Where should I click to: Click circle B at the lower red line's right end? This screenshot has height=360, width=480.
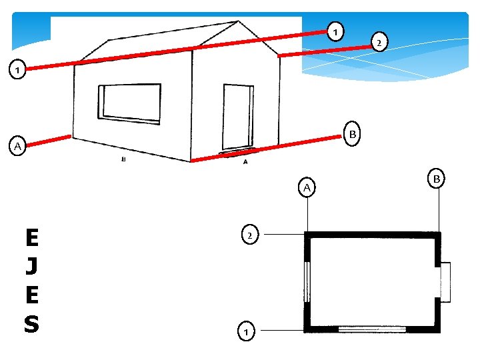pyautogui.click(x=353, y=133)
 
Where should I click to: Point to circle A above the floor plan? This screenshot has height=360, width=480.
pyautogui.click(x=307, y=188)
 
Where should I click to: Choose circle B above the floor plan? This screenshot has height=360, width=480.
pyautogui.click(x=437, y=179)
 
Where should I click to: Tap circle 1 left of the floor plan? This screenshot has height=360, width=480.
pyautogui.click(x=247, y=330)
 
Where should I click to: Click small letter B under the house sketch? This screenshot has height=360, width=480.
pyautogui.click(x=123, y=159)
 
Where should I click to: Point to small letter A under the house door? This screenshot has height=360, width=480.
pyautogui.click(x=245, y=162)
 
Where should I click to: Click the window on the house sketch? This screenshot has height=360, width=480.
pyautogui.click(x=129, y=104)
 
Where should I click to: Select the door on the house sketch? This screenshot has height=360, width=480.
pyautogui.click(x=237, y=117)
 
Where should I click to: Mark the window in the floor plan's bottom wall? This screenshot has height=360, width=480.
pyautogui.click(x=372, y=329)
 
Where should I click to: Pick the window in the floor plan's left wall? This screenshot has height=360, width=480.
pyautogui.click(x=307, y=282)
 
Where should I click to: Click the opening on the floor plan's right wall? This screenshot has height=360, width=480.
pyautogui.click(x=445, y=282)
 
